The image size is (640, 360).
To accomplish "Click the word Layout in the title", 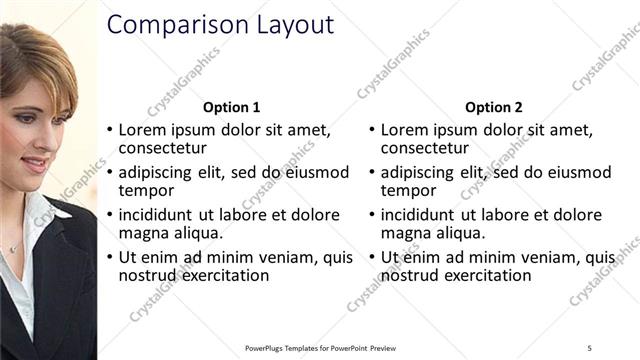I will coord(291,25).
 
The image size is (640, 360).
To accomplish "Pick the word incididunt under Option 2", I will coord(418,215).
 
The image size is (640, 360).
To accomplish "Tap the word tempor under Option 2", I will coord(402,190).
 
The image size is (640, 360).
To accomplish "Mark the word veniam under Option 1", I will coord(286,257).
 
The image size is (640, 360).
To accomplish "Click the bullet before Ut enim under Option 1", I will coord(110,257).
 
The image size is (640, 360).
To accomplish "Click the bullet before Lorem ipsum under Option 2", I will coord(372,130).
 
